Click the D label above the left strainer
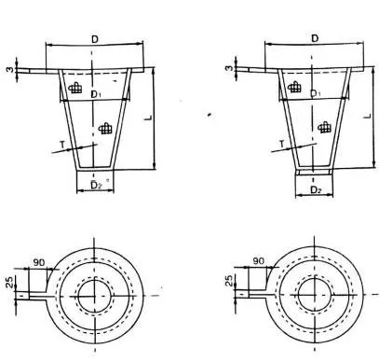tap(95, 39)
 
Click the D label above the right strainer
tap(315, 38)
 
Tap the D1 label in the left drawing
tap(95, 94)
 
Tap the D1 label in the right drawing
tap(316, 93)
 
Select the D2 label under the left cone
tap(96, 185)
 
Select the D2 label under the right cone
tap(316, 189)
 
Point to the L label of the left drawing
tap(149, 118)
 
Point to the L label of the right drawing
tap(368, 116)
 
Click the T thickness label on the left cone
tap(62, 145)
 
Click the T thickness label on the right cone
tap(282, 144)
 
